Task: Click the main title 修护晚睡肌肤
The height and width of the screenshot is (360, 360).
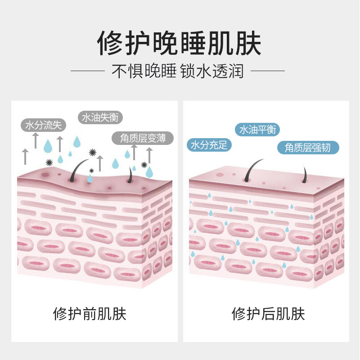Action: click(x=180, y=43)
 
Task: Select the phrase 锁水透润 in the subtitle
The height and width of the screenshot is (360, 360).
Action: click(x=211, y=71)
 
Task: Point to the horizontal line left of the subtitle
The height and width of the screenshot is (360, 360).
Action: click(x=88, y=71)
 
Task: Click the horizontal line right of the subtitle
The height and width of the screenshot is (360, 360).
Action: click(x=268, y=71)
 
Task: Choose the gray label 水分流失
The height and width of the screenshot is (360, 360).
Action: click(x=44, y=125)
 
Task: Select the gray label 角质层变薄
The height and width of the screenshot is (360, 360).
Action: click(x=143, y=138)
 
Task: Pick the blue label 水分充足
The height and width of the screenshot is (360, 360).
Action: click(x=209, y=145)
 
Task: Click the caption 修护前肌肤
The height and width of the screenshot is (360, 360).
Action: click(x=90, y=313)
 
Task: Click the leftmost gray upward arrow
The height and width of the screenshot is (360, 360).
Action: click(x=25, y=157)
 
